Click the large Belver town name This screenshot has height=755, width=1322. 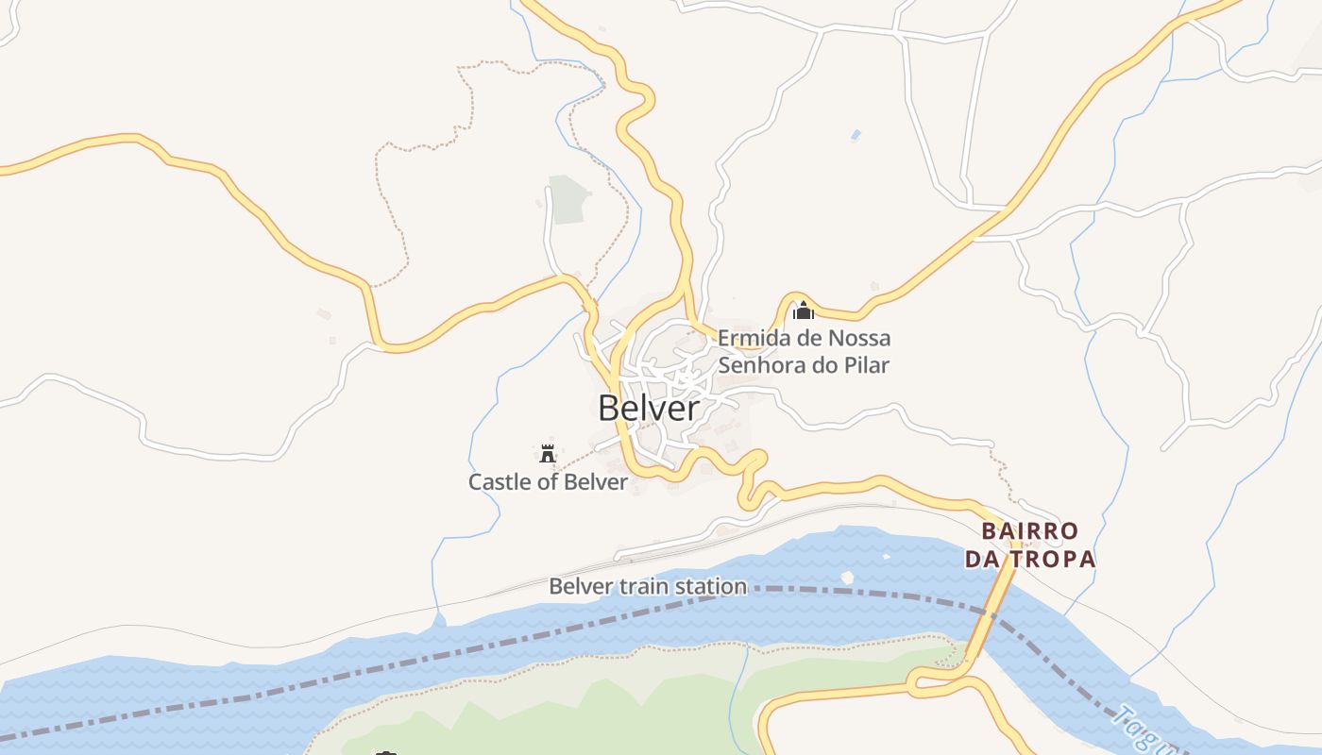pyautogui.click(x=649, y=408)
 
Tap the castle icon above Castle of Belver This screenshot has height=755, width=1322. pyautogui.click(x=547, y=452)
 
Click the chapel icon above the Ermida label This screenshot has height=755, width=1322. pyautogui.click(x=804, y=310)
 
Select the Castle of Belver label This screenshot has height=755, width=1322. pyautogui.click(x=548, y=482)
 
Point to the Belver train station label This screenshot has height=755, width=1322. pyautogui.click(x=648, y=586)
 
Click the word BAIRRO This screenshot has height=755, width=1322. pyautogui.click(x=1029, y=530)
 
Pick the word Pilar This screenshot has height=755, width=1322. pyautogui.click(x=866, y=365)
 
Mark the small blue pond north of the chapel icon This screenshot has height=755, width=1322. pyautogui.click(x=856, y=135)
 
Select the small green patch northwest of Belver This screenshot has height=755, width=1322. pyautogui.click(x=568, y=200)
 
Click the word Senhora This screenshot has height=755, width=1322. pyautogui.click(x=757, y=365)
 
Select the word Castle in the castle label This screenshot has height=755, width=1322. pyautogui.click(x=498, y=482)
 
